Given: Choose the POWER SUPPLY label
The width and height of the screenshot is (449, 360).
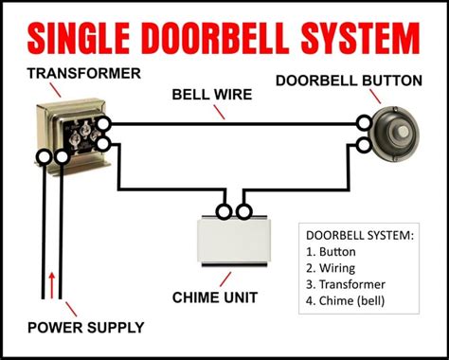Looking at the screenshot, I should (86, 329).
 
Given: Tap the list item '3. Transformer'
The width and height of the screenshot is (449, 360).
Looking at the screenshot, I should (346, 284).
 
